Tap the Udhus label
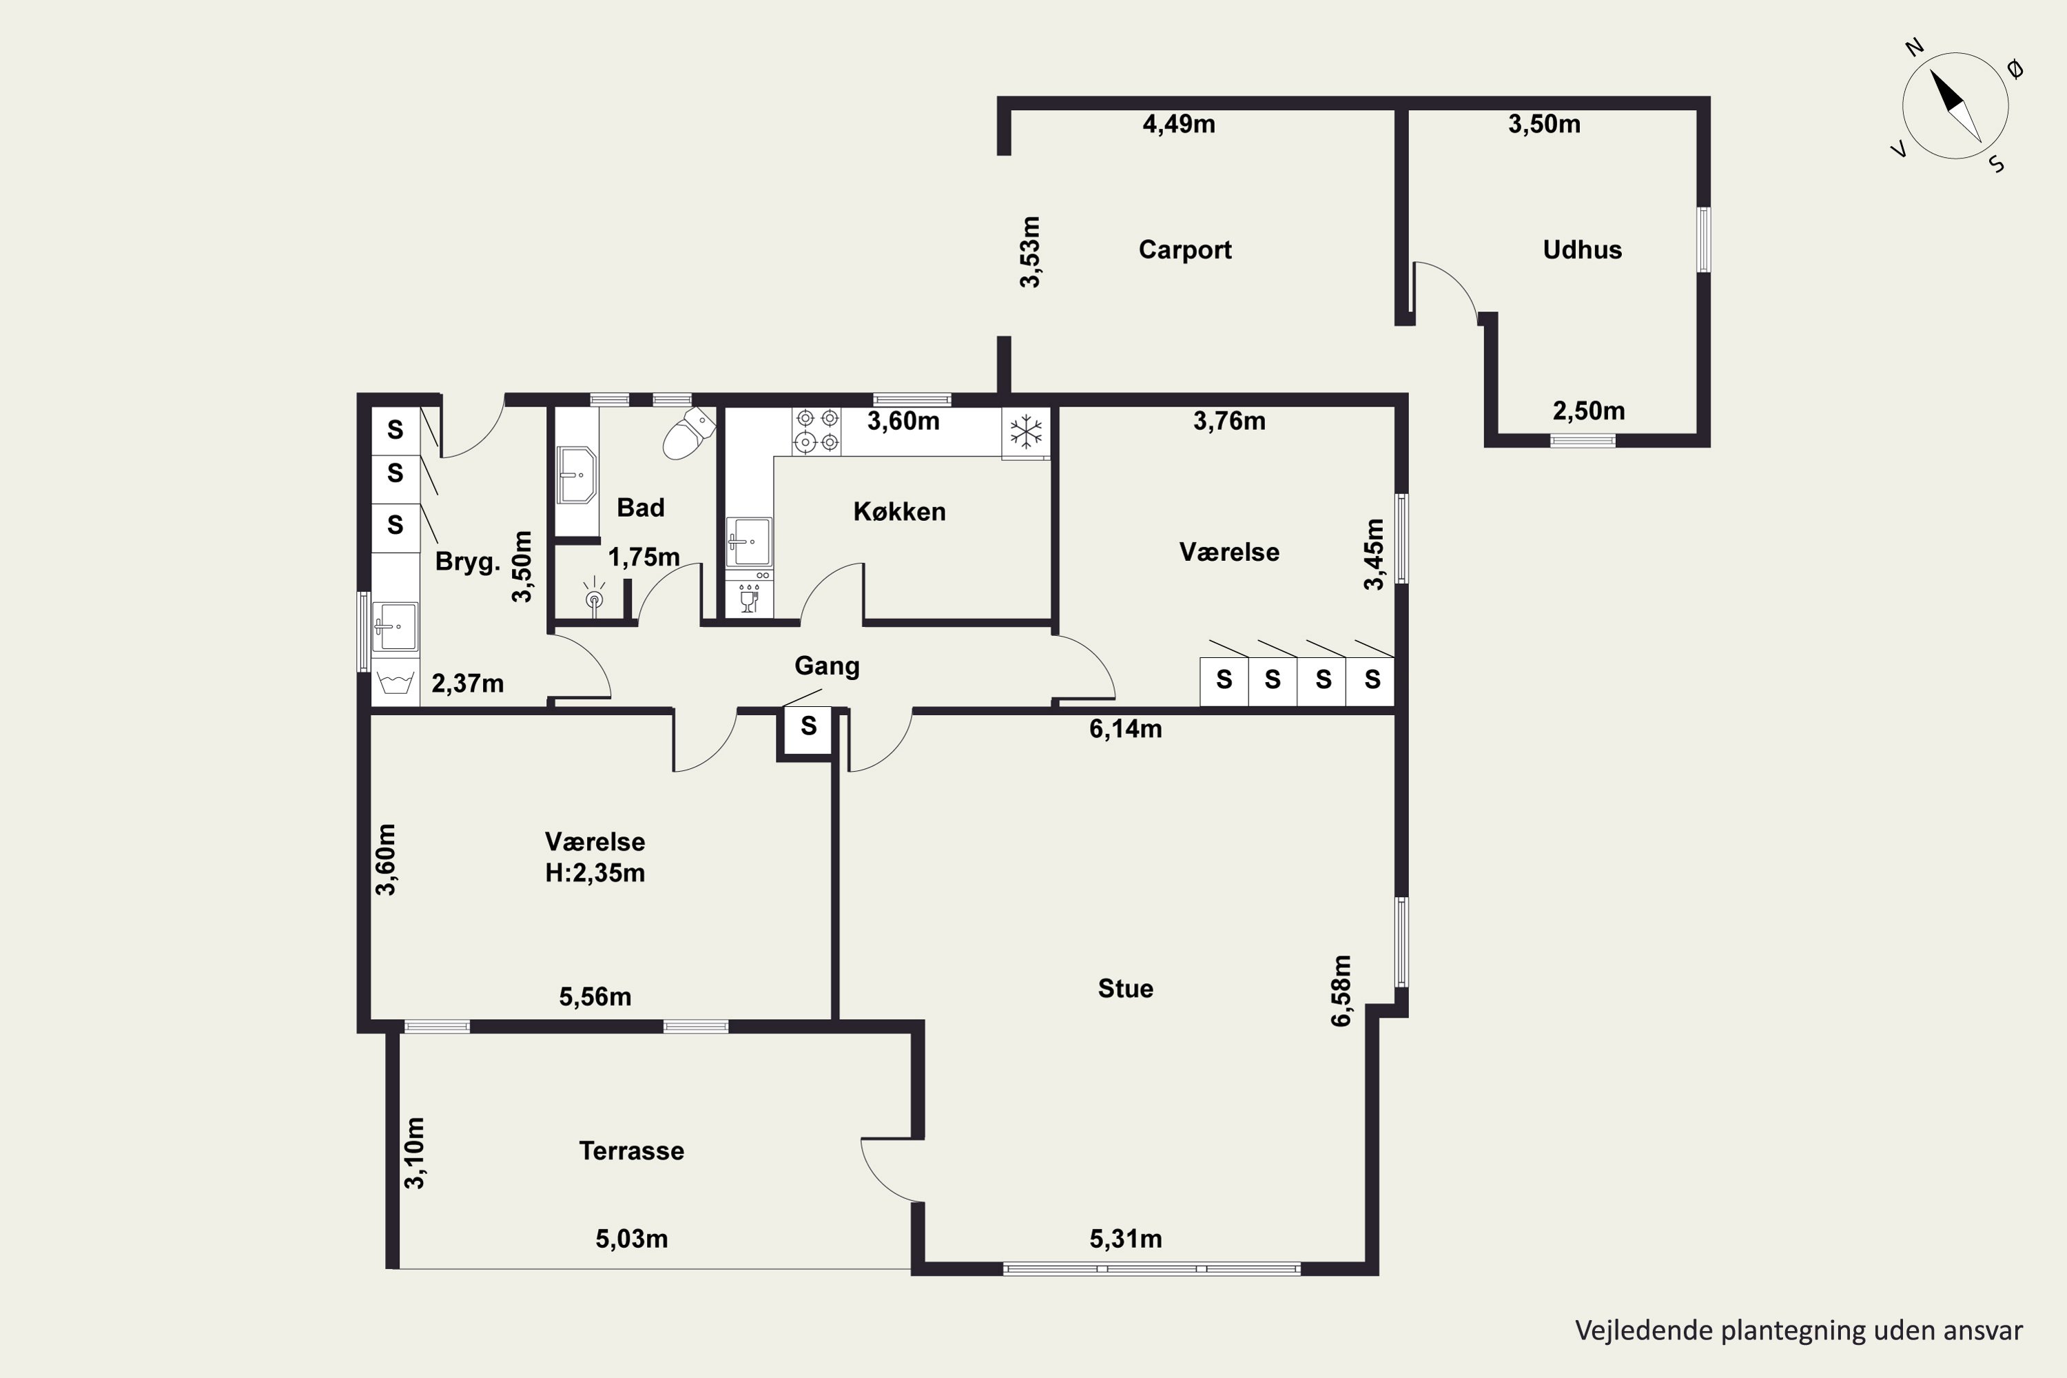click(x=1582, y=249)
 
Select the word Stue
click(x=1125, y=989)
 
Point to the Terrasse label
click(x=631, y=1151)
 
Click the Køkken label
click(x=899, y=511)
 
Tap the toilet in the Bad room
click(x=688, y=433)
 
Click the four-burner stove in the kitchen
click(x=816, y=431)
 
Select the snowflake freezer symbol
click(x=1026, y=431)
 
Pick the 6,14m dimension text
click(x=1125, y=728)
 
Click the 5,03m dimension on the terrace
click(x=631, y=1239)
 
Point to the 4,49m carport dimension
click(x=1178, y=124)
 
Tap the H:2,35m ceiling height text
click(x=595, y=873)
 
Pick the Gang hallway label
click(x=827, y=666)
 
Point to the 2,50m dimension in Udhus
click(x=1589, y=411)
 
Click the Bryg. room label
click(x=468, y=562)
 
